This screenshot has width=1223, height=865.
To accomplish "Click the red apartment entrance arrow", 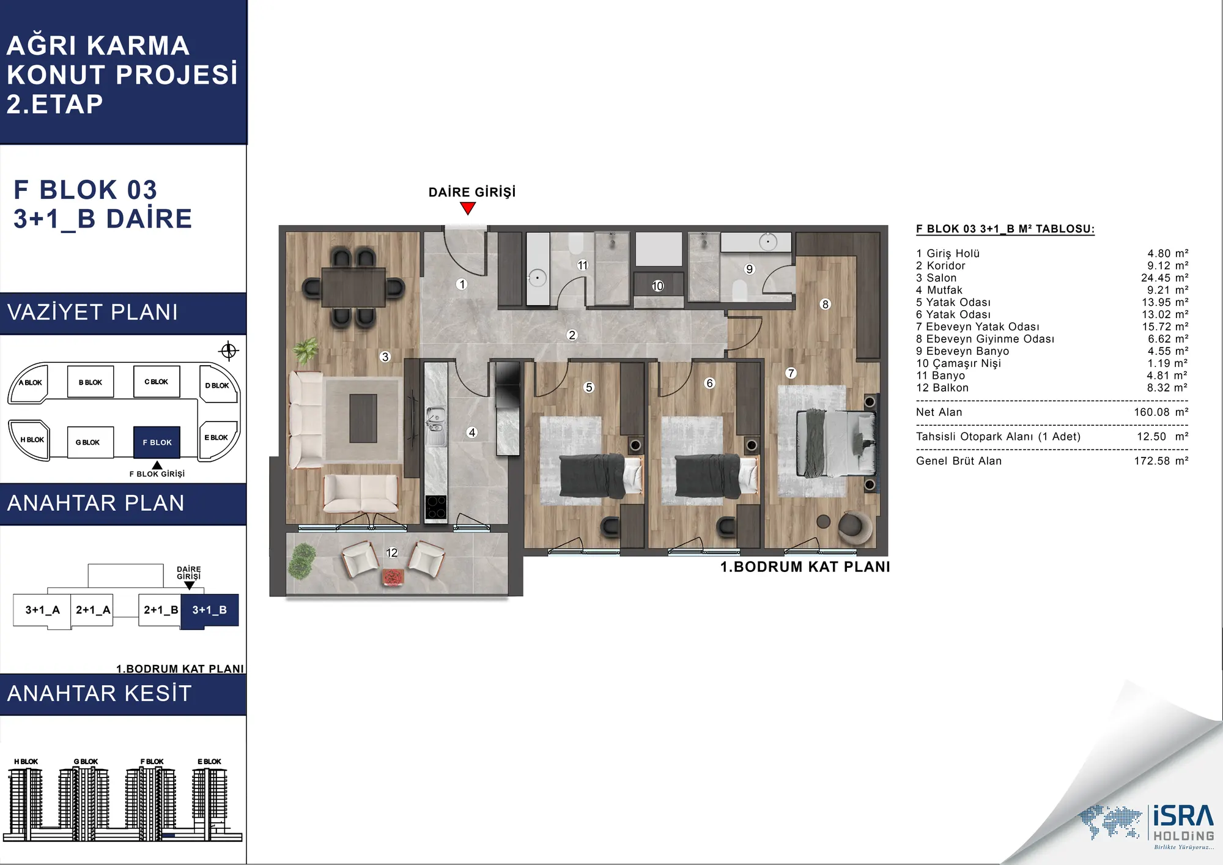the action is (x=468, y=209).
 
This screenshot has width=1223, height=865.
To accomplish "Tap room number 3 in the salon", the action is (x=385, y=357).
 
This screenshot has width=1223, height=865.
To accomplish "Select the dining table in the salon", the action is (x=353, y=287).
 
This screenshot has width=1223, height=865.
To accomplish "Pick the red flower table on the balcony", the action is (x=393, y=576).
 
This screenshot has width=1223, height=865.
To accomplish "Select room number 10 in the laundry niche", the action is (x=657, y=286).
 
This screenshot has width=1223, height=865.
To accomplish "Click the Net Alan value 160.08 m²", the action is (x=1161, y=412).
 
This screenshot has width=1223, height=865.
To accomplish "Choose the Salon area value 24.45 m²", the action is (x=1164, y=278).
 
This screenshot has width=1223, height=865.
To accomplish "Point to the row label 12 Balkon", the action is (x=942, y=388).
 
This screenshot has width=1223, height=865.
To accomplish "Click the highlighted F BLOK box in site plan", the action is (x=157, y=442).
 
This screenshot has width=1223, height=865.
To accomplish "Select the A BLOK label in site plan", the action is (x=31, y=383).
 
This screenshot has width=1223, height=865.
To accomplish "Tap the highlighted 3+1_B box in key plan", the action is (x=209, y=610).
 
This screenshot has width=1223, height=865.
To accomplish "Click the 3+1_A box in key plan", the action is (x=42, y=610).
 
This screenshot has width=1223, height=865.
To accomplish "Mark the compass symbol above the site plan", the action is (x=229, y=351).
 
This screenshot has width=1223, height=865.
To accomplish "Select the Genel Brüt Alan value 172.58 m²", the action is (x=1161, y=461).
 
